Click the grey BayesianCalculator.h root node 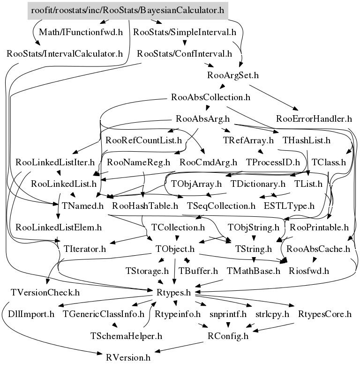pos(127,10)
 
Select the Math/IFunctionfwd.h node pos(81,32)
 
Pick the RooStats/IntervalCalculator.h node pos(65,53)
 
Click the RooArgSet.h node pos(233,75)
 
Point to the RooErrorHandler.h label pos(314,118)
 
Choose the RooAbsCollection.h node pos(211,98)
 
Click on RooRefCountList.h pos(143,140)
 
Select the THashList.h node pos(307,140)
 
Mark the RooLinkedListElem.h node pos(59,228)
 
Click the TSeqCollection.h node pos(221,205)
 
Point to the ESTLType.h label pos(289,205)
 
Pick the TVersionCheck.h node pos(45,293)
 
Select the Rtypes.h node pos(173,293)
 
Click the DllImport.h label pos(31,314)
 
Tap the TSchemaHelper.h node pos(126,336)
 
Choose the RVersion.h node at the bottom pos(128,358)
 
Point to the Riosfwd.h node pos(308,271)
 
